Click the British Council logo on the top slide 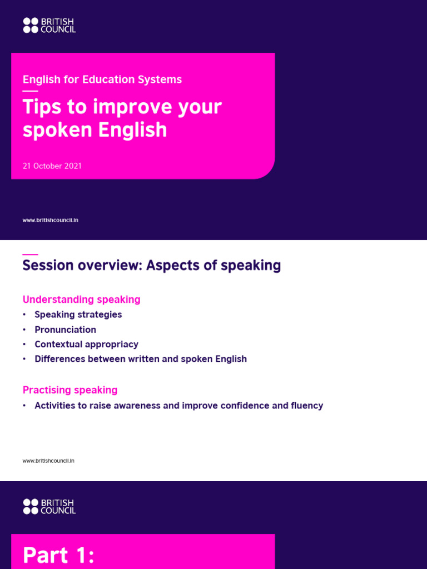tap(49, 25)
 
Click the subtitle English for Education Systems tap(102, 79)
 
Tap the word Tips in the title tap(41, 107)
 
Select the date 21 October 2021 tap(52, 166)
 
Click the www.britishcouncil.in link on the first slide tap(50, 221)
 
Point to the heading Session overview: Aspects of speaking tap(151, 266)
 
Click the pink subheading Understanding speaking tap(81, 300)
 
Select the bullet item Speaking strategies tap(78, 315)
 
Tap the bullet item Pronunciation tap(65, 330)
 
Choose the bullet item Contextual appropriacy tap(86, 345)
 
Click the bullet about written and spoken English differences tap(140, 359)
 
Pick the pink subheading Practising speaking tap(69, 390)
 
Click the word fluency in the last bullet tap(306, 406)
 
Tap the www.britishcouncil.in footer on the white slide tap(48, 461)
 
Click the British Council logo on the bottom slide tap(49, 506)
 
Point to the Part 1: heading tap(59, 556)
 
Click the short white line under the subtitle tap(30, 91)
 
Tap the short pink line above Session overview tap(30, 254)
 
